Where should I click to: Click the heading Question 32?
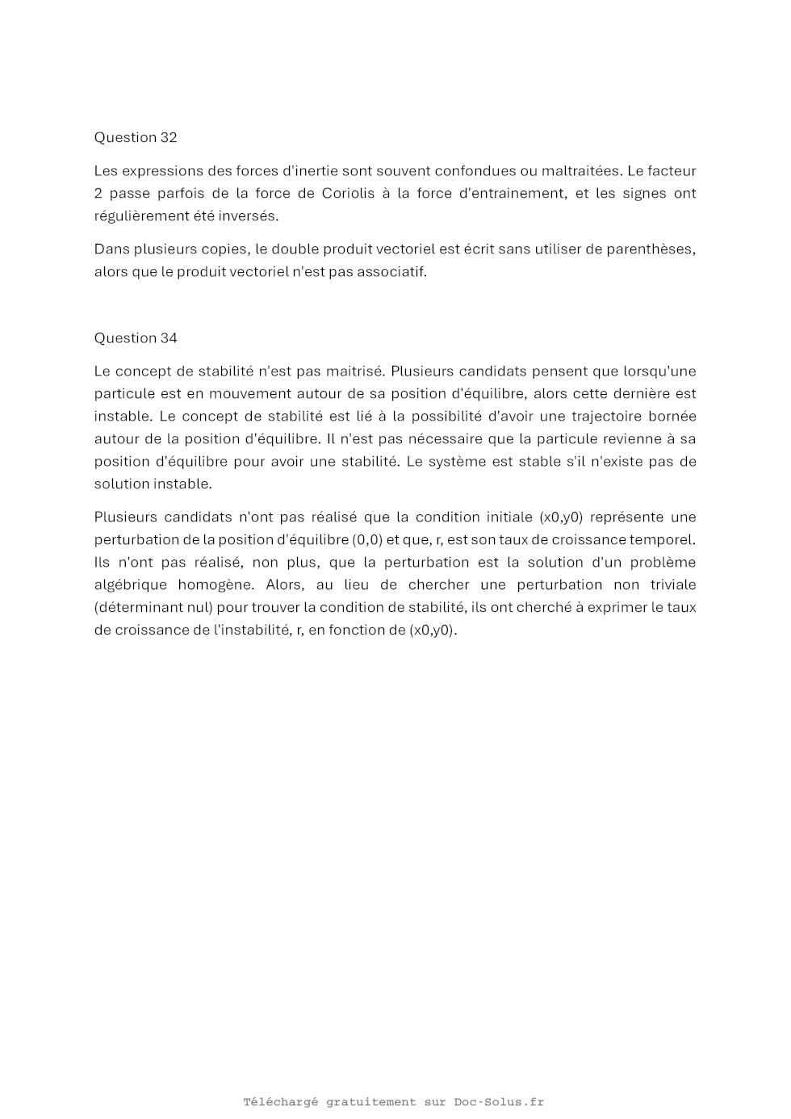pyautogui.click(x=136, y=137)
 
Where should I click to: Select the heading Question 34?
pyautogui.click(x=136, y=338)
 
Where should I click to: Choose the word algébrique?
pyautogui.click(x=131, y=585)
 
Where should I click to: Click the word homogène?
pyautogui.click(x=216, y=585)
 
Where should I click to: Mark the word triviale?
pyautogui.click(x=673, y=585)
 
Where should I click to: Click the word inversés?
pyautogui.click(x=249, y=216)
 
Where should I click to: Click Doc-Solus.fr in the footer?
pyautogui.click(x=499, y=1102)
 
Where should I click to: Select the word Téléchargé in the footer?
pyautogui.click(x=281, y=1102)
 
